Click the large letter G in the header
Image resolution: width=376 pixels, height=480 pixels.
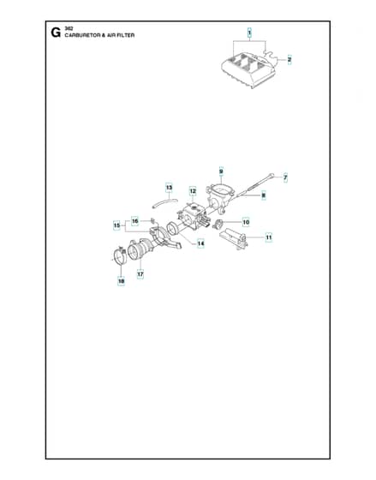click(56, 33)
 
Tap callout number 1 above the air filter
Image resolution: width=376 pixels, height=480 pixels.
click(249, 33)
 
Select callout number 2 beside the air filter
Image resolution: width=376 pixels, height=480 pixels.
click(289, 60)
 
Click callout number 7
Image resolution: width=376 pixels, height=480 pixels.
click(285, 177)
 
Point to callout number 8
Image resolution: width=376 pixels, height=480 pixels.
click(264, 195)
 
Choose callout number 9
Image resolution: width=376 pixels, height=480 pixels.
click(221, 171)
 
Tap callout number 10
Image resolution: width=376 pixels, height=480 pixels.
click(246, 222)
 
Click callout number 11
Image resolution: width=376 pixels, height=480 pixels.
click(268, 237)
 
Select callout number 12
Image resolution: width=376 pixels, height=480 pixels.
click(193, 191)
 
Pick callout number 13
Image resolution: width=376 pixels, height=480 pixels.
click(169, 188)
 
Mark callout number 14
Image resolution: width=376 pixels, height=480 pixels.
click(200, 243)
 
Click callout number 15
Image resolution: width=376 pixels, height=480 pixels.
click(116, 225)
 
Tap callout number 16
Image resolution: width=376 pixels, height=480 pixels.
click(135, 221)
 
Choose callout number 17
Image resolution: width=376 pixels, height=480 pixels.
click(140, 274)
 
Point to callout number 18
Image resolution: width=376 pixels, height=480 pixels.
click(121, 281)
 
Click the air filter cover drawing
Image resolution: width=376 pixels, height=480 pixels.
click(248, 69)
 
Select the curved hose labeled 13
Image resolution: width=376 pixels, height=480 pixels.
click(165, 202)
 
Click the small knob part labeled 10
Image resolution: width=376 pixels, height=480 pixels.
click(218, 224)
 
